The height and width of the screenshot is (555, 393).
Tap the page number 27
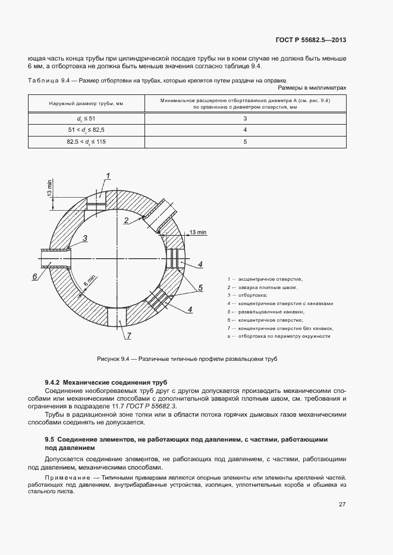click(x=342, y=504)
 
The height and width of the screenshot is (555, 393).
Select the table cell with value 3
click(x=245, y=119)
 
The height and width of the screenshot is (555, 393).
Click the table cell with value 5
click(x=245, y=142)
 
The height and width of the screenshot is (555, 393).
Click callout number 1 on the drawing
click(x=109, y=175)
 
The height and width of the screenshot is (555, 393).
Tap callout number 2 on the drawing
click(x=126, y=220)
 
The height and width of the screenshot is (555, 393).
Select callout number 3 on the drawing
click(x=85, y=238)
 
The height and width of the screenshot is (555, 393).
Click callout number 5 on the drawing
click(x=200, y=288)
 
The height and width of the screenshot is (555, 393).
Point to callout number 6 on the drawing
click(x=34, y=277)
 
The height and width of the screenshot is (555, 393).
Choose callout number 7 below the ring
click(x=127, y=337)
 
